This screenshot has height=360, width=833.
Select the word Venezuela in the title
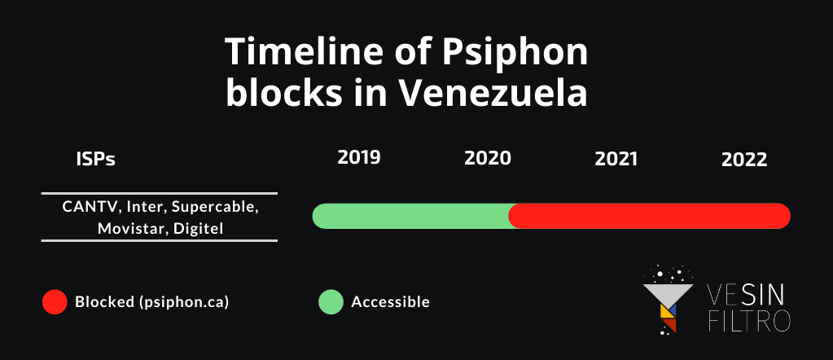pos(493,94)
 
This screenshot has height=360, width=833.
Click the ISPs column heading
pos(95,160)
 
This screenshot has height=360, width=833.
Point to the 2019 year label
pos(359,157)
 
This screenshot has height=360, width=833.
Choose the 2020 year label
pos(488,158)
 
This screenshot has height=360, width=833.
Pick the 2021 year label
pos(616,159)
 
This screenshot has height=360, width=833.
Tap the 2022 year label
pos(744,160)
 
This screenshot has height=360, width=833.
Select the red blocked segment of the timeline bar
pos(649,216)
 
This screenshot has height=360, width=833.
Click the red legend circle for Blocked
pos(55,302)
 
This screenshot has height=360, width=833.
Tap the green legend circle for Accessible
pos(331,302)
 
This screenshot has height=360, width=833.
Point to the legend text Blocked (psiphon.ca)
pos(152,302)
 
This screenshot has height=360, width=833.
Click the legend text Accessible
pos(391,302)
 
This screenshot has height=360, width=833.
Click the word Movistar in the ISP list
pos(131,229)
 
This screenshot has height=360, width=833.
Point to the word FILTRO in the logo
pos(750,321)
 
